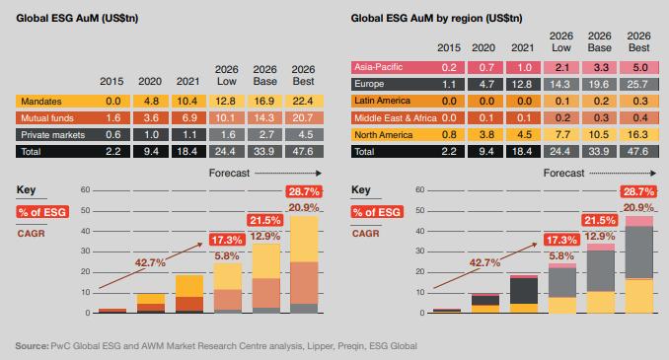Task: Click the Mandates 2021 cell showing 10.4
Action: [x=188, y=101]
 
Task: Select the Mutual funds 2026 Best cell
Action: [x=304, y=117]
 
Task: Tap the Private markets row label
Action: [x=53, y=135]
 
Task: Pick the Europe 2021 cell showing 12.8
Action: [x=523, y=84]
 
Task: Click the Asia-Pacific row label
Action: [x=379, y=67]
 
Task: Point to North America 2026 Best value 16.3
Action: [x=638, y=135]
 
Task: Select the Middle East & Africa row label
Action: [x=396, y=118]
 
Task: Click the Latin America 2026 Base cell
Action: [x=600, y=101]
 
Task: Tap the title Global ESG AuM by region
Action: [x=436, y=19]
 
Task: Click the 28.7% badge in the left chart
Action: [x=304, y=191]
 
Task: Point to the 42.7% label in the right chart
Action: [x=484, y=262]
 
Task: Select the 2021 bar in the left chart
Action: [x=189, y=294]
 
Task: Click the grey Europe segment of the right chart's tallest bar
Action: [x=639, y=252]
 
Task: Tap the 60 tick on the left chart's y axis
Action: [x=85, y=189]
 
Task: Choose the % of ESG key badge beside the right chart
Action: [x=377, y=212]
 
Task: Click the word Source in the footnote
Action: [x=32, y=346]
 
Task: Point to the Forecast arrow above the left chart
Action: [x=288, y=174]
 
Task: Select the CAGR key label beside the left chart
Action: [x=32, y=234]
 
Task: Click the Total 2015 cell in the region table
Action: [x=449, y=152]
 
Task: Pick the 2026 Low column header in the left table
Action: [x=227, y=76]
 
